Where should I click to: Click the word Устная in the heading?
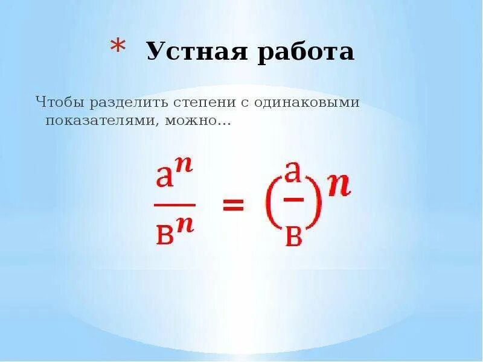coord(193,52)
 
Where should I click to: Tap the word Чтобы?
coord(59,102)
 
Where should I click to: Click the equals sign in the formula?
coord(233,206)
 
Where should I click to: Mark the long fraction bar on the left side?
coord(174,205)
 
